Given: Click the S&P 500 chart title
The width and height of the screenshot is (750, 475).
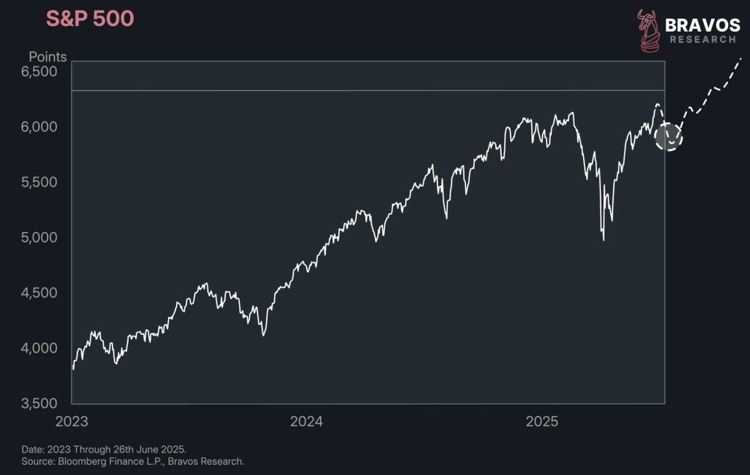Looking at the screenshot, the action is tap(90, 18).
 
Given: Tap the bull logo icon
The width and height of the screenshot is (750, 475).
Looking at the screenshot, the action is tap(649, 31).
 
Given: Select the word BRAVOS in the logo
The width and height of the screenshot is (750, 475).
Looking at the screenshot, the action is tap(702, 26).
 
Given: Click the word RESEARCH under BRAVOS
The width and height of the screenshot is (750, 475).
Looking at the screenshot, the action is tap(702, 39).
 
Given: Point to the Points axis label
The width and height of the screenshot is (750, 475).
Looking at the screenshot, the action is tap(47, 57).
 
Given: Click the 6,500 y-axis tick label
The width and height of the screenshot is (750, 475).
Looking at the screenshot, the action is tap(39, 72).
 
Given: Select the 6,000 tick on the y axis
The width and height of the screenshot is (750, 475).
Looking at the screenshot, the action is tap(39, 127).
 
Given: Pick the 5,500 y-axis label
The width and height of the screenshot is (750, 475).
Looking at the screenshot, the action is tap(39, 182).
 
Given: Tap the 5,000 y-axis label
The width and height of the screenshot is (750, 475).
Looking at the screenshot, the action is tap(39, 238).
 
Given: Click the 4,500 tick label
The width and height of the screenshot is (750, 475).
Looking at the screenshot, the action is tap(39, 293).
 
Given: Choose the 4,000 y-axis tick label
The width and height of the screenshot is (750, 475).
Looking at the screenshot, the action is tap(39, 349).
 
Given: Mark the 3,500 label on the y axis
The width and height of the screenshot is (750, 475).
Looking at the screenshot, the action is tap(39, 404).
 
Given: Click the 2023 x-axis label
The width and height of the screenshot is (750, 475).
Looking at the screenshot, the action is tap(72, 422).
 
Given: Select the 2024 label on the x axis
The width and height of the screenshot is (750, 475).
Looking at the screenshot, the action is tap(306, 422).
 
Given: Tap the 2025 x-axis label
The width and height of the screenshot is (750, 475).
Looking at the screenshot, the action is tap(542, 422).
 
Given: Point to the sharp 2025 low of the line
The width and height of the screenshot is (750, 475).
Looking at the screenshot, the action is tap(604, 240).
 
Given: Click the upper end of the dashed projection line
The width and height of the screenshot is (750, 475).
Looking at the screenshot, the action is tap(741, 59).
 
